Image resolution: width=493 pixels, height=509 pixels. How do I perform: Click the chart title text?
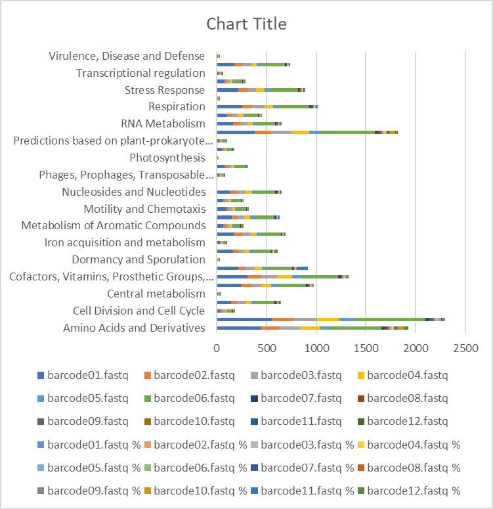tap(246, 24)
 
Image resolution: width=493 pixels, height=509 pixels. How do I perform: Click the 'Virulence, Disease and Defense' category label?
tap(127, 56)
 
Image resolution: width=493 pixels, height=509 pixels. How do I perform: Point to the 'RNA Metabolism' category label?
tap(163, 123)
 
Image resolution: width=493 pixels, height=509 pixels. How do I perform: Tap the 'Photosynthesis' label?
tap(167, 158)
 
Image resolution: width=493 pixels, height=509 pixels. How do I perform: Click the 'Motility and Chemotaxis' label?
tap(144, 209)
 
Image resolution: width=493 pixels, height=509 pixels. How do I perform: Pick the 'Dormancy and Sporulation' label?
tap(139, 259)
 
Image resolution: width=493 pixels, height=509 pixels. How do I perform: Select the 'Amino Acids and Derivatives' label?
tap(134, 328)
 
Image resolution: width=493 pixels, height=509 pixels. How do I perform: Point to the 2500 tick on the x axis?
tap(465, 346)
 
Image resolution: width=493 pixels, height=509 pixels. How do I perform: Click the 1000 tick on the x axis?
tap(316, 346)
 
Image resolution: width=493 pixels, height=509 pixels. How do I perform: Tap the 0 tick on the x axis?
tap(217, 346)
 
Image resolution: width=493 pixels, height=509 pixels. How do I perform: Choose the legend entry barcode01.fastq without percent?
tap(87, 376)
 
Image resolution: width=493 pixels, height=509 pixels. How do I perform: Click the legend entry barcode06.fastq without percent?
tap(194, 398)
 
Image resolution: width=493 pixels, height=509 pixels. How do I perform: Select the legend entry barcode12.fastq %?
tap(414, 491)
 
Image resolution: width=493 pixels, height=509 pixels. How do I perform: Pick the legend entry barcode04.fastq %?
tap(414, 445)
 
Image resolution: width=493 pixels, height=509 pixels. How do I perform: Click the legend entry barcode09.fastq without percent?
tap(87, 421)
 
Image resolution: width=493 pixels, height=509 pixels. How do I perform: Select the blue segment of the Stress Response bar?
tap(227, 90)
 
